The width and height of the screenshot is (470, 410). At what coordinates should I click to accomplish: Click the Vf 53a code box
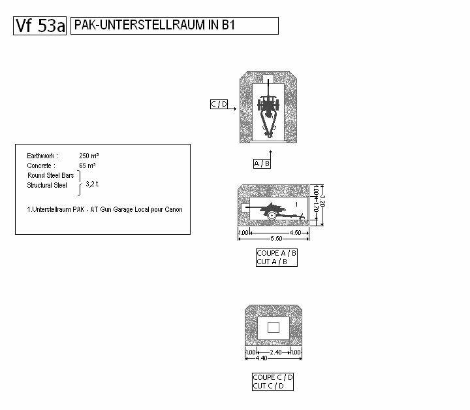(40, 26)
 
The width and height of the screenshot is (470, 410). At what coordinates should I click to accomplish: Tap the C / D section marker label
(219, 105)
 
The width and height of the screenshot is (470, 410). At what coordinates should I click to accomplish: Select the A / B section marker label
(262, 163)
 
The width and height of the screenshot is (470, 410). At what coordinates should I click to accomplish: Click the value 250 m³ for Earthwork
(89, 156)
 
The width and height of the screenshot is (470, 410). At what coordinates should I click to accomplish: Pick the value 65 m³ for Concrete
(87, 166)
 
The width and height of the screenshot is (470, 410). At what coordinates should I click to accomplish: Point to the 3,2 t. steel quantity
(93, 184)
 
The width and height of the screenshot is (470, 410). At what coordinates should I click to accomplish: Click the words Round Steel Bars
(50, 175)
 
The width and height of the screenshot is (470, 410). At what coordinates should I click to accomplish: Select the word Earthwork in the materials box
(42, 156)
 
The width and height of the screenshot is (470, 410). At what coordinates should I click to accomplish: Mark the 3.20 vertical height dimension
(322, 205)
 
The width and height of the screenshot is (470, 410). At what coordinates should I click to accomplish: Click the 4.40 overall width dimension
(261, 358)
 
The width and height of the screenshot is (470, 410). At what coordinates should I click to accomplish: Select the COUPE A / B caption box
(277, 257)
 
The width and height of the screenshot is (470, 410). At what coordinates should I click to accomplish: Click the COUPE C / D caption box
(273, 381)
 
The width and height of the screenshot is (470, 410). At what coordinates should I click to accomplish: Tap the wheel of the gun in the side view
(272, 215)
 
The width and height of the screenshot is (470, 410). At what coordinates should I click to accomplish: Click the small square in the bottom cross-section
(274, 327)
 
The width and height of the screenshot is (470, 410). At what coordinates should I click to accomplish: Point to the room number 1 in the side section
(296, 205)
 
